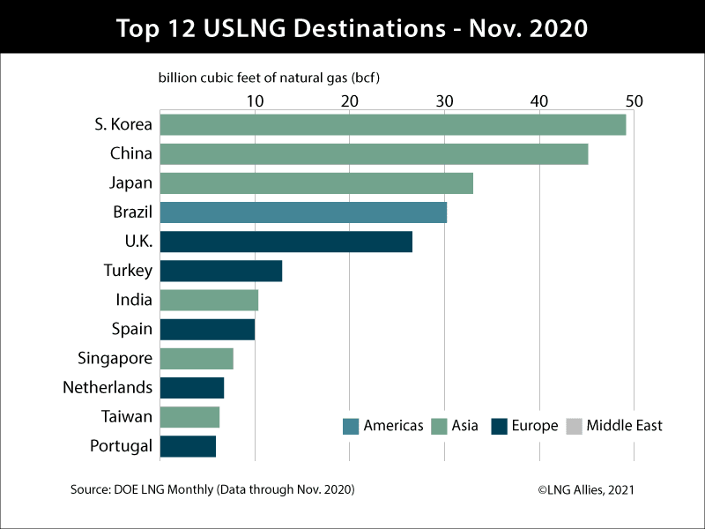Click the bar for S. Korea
(392, 124)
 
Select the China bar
(374, 153)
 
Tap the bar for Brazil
(303, 212)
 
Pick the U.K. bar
(286, 242)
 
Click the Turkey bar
(220, 271)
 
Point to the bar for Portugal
(188, 446)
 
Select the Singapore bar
(197, 359)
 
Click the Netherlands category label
(108, 388)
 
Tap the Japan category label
(130, 183)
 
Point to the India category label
(134, 300)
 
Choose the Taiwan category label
(129, 417)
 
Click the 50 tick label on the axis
(634, 101)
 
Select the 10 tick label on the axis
(255, 101)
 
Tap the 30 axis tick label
(444, 101)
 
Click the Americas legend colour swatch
(350, 427)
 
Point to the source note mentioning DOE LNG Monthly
(212, 489)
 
